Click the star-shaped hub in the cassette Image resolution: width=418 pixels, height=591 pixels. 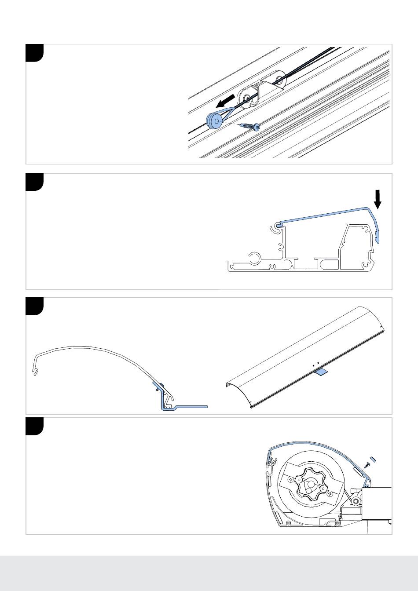[310, 484]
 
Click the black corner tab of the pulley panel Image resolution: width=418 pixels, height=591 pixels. [35, 52]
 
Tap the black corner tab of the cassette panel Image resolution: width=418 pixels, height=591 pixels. [35, 426]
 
